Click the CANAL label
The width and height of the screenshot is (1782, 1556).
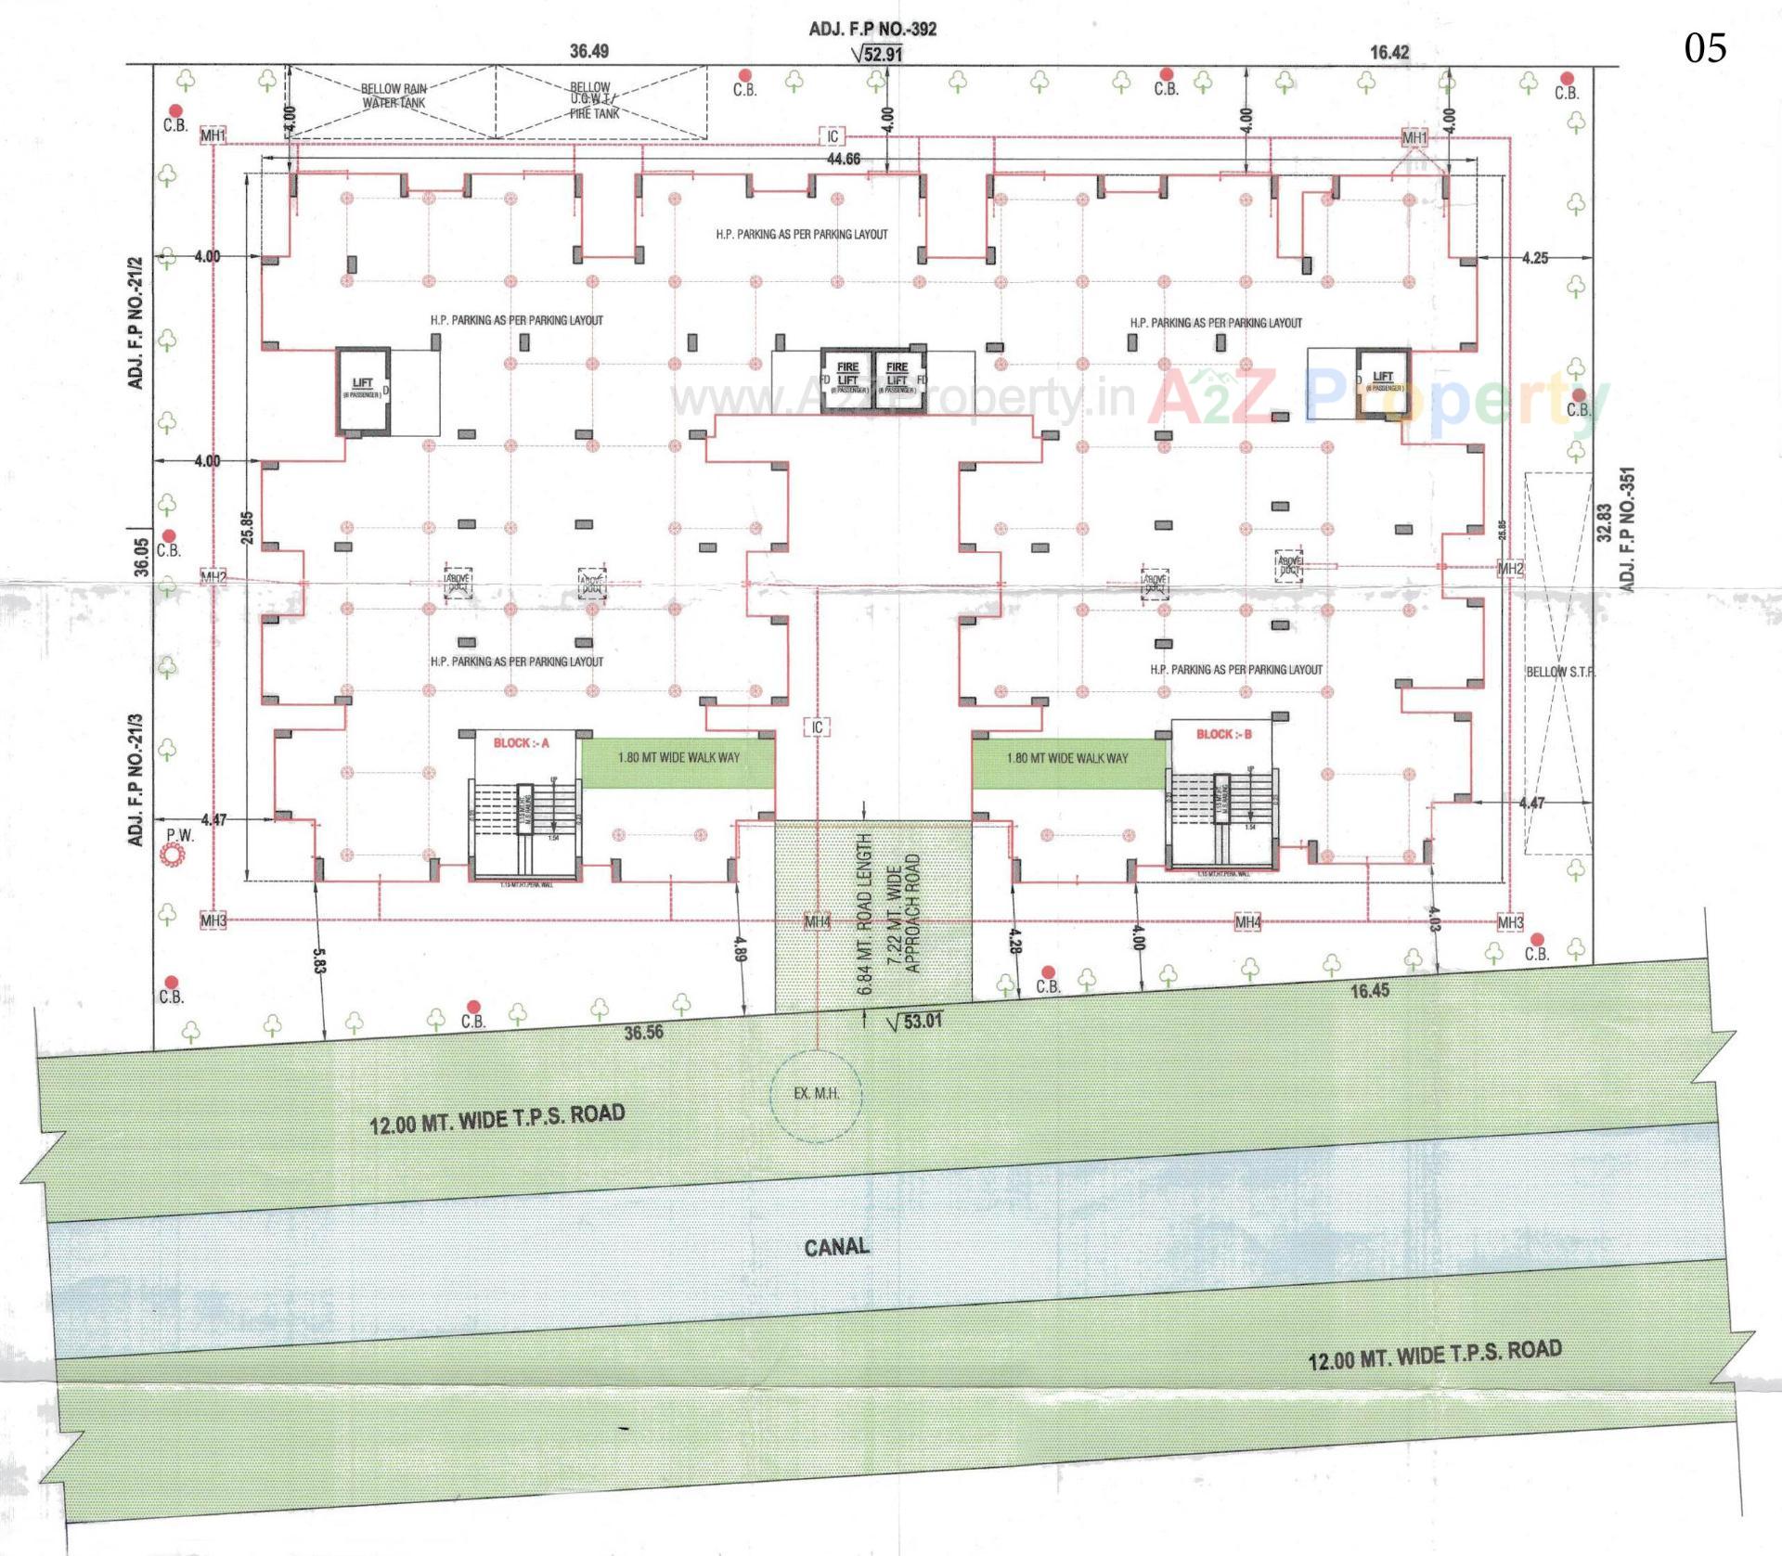tap(836, 1246)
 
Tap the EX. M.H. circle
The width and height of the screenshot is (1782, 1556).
tap(817, 1094)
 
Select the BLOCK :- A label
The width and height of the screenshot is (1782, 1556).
tap(521, 743)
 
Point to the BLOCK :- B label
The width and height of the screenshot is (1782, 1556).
tap(1223, 734)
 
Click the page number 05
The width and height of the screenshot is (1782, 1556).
tap(1705, 47)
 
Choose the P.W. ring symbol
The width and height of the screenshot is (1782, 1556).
tap(174, 857)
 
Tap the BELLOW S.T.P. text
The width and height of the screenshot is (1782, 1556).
tap(1560, 672)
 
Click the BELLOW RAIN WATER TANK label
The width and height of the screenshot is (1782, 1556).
tap(394, 96)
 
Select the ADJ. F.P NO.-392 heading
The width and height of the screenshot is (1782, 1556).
tap(872, 29)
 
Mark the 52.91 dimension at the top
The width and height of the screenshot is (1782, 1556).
tap(882, 54)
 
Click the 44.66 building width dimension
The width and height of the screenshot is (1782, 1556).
tap(843, 160)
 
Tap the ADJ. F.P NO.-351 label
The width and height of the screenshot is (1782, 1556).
tap(1626, 528)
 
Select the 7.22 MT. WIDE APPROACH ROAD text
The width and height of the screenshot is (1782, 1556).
tap(903, 913)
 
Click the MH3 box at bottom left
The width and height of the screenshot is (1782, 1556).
tap(213, 921)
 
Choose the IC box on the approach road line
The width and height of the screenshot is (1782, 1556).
tap(817, 727)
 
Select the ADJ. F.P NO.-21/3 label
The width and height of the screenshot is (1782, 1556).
tap(136, 779)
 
